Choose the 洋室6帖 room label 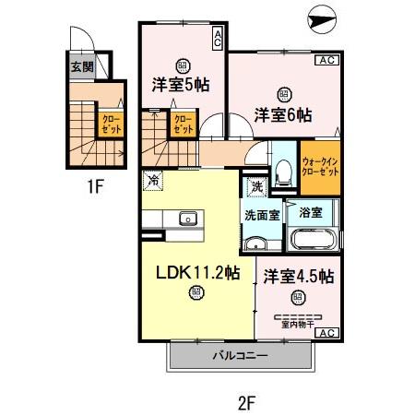[x=283, y=115]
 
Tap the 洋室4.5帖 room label [x=298, y=276]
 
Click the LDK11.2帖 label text [x=196, y=273]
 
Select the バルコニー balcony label [x=241, y=355]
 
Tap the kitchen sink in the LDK [x=187, y=219]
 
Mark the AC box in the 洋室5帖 [x=217, y=38]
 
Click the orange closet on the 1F [x=110, y=124]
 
